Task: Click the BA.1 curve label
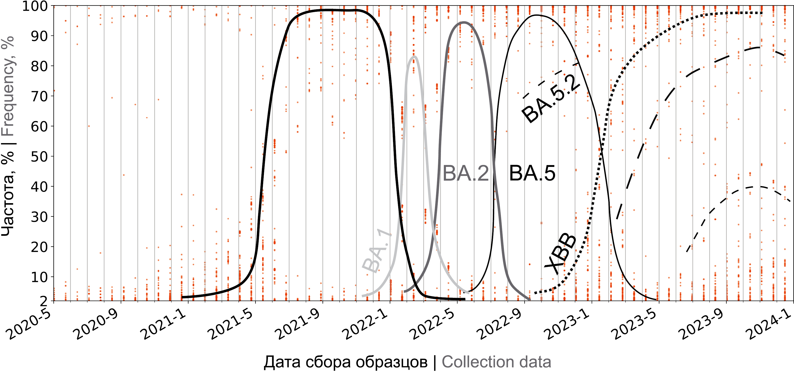[x=376, y=252]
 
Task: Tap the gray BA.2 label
[x=465, y=174]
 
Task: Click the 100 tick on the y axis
[x=34, y=6]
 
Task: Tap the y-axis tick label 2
[x=43, y=301]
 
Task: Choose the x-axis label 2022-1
[x=365, y=324]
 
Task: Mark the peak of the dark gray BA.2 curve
[x=464, y=22]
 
